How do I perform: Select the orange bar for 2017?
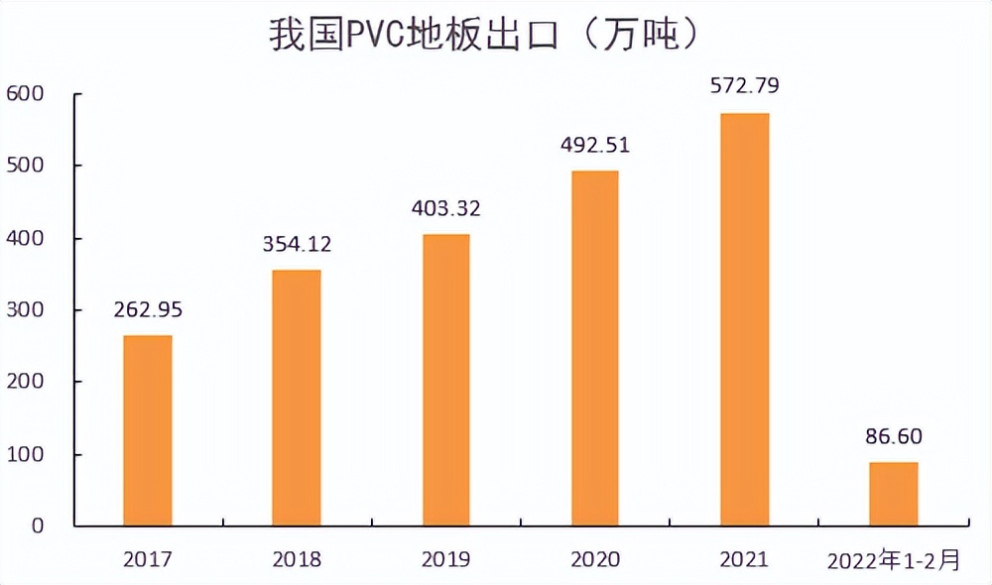pyautogui.click(x=148, y=430)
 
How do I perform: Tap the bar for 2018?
pyautogui.click(x=297, y=398)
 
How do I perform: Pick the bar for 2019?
pyautogui.click(x=445, y=380)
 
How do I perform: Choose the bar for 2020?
pyautogui.click(x=595, y=348)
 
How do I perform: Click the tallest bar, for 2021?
pyautogui.click(x=744, y=319)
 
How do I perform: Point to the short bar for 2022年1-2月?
pyautogui.click(x=894, y=494)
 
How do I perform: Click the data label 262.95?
pyautogui.click(x=148, y=308)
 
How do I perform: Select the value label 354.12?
pyautogui.click(x=297, y=244)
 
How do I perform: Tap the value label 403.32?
pyautogui.click(x=445, y=208)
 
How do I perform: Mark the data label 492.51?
pyautogui.click(x=595, y=145)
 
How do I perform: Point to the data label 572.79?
pyautogui.click(x=744, y=85)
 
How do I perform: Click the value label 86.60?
pyautogui.click(x=894, y=436)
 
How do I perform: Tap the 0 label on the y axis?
pyautogui.click(x=37, y=526)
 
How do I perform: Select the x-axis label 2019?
pyautogui.click(x=445, y=559)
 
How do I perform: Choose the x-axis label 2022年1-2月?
pyautogui.click(x=894, y=560)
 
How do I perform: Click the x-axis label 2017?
pyautogui.click(x=148, y=559)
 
